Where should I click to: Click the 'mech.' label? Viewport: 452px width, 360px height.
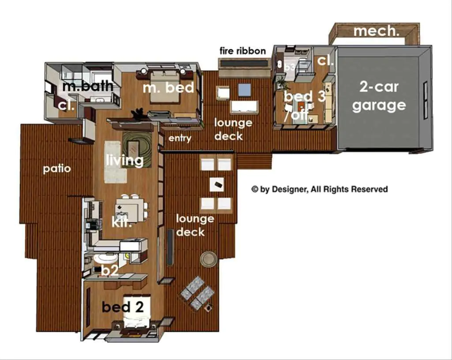tap(376, 31)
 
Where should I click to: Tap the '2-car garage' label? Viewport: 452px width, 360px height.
tap(379, 96)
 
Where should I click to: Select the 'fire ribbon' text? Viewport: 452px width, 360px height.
tap(243, 51)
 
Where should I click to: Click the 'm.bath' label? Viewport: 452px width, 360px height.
tap(88, 86)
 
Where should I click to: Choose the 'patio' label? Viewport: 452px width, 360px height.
tap(57, 168)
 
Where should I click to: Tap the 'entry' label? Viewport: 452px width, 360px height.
tap(180, 138)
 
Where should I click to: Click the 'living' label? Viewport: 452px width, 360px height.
tap(125, 160)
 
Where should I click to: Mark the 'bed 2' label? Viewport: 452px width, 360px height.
tap(123, 307)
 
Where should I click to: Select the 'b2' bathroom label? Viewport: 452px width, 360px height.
tap(109, 270)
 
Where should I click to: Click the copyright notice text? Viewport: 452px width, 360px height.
tap(320, 189)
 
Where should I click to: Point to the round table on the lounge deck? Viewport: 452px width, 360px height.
tap(208, 258)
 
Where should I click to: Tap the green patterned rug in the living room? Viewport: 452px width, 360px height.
tap(137, 149)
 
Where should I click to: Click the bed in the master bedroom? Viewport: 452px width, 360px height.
tap(165, 86)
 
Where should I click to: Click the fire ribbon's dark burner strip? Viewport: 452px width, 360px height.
tap(244, 63)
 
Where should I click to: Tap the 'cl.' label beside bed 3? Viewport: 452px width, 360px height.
tap(325, 61)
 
